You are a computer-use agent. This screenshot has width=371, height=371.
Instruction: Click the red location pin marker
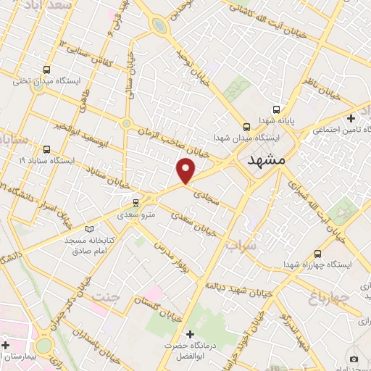[186, 170]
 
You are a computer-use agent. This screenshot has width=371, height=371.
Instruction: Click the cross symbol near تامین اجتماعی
[351, 117]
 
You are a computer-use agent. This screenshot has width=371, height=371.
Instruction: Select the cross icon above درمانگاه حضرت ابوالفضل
[191, 335]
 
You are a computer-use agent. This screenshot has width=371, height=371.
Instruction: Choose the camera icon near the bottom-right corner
[354, 359]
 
